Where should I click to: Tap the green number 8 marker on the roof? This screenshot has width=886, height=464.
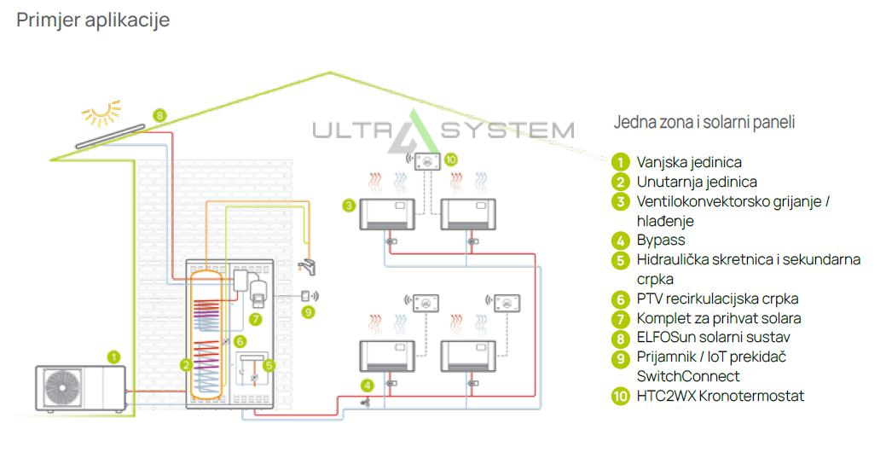coord(159,115)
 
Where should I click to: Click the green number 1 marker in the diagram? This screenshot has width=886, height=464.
coord(114,357)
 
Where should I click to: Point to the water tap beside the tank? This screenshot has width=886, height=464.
coord(309,268)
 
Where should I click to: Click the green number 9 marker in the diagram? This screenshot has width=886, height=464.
coord(308,312)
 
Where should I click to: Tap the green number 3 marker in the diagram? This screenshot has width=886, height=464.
coord(349,206)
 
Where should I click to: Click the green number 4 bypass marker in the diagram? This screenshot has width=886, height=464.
coord(367,385)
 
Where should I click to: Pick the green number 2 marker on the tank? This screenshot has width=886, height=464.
coord(185,365)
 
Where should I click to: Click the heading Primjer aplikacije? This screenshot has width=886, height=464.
coord(93,20)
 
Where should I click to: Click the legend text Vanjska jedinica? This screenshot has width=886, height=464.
coord(689,162)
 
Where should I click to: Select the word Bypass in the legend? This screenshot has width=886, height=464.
coord(661,240)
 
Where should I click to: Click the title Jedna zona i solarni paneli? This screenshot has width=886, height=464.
coord(704,122)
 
